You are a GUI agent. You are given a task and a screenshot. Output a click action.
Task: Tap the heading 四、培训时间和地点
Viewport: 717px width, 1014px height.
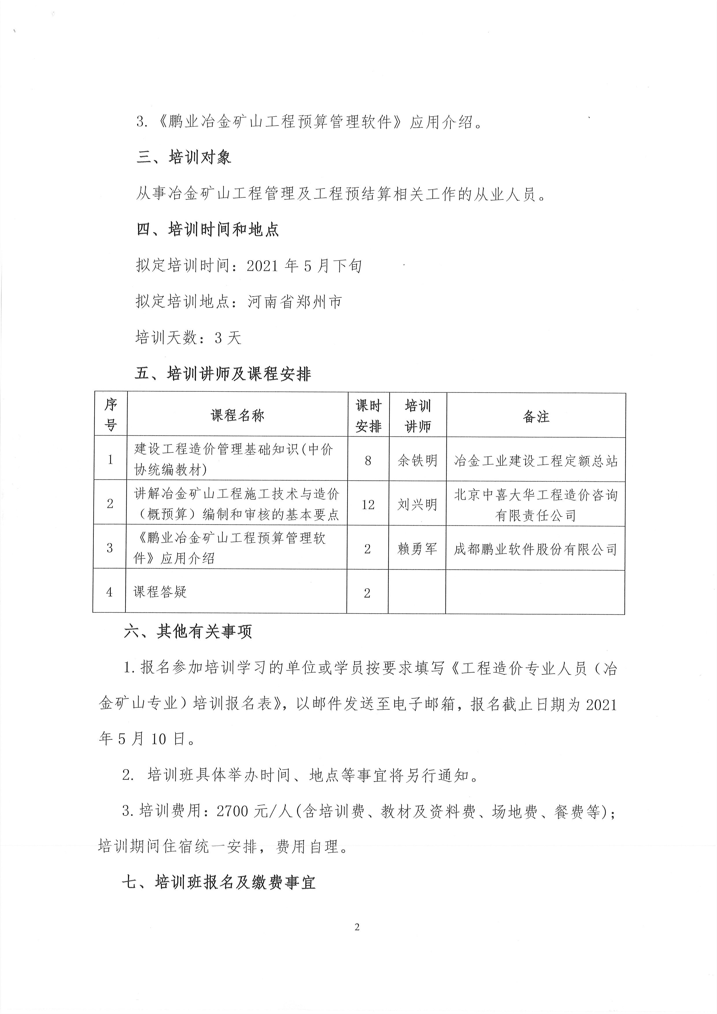(208, 230)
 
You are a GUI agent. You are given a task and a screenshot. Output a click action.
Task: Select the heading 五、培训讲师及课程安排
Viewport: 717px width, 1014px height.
(223, 374)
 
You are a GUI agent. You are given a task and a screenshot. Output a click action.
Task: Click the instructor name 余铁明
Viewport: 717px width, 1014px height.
(417, 461)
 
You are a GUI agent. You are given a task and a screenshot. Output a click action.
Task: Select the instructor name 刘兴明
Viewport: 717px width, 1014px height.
(417, 504)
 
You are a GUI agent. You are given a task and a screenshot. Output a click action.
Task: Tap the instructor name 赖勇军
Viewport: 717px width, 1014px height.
(417, 549)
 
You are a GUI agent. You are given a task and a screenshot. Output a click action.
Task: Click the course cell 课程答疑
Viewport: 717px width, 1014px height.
(160, 592)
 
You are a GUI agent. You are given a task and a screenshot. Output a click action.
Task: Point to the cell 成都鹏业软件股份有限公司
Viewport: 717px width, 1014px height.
(535, 549)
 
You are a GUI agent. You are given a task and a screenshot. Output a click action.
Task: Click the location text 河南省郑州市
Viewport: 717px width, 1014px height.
(295, 302)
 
